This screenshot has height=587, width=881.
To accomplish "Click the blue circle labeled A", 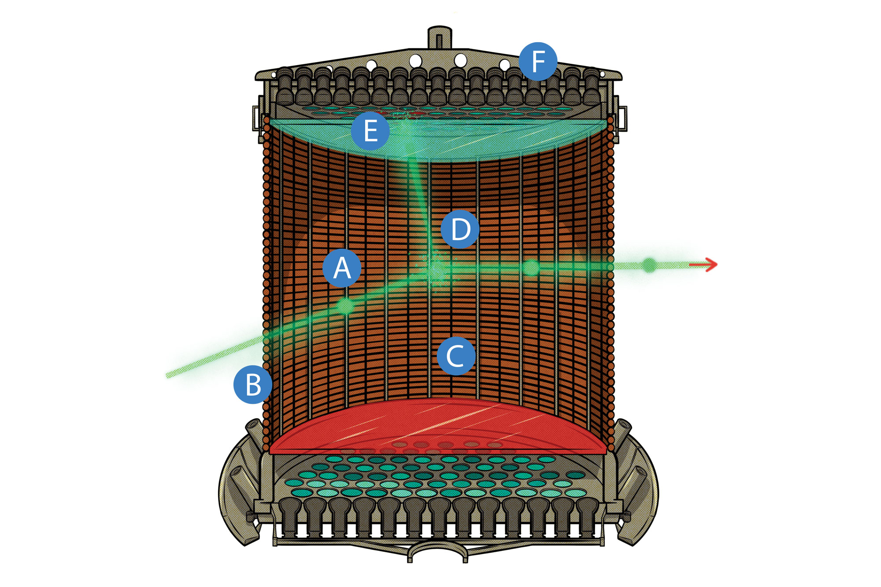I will [342, 268].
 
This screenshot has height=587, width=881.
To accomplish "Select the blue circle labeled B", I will [253, 384].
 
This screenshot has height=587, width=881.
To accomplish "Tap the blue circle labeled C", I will [456, 356].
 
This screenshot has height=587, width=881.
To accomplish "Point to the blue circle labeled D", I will [460, 229].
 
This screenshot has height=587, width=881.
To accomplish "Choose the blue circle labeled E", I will [370, 131].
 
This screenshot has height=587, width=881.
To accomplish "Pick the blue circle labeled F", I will [538, 61].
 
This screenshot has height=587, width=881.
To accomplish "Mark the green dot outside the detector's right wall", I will [649, 265].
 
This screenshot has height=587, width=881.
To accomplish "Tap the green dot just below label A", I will [345, 306].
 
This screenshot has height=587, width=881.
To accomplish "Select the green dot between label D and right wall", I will [531, 267].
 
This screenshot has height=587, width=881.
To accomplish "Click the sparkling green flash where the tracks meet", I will [436, 267].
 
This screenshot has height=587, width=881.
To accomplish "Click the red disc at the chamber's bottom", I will [438, 427].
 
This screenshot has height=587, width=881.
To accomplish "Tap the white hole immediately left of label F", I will [505, 66].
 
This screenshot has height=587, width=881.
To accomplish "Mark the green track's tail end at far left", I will [170, 375].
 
